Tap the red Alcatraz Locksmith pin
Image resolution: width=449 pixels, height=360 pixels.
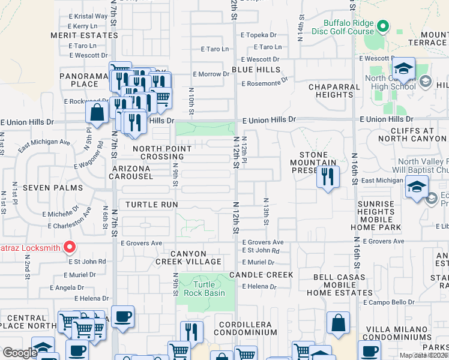(x=70, y=247)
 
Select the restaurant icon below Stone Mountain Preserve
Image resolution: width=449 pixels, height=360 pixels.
(x=327, y=176)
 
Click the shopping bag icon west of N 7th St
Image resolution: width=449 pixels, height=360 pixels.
(x=97, y=112)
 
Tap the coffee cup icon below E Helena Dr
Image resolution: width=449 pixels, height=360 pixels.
(x=123, y=316)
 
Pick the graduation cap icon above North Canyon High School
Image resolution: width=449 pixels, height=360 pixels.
(x=404, y=68)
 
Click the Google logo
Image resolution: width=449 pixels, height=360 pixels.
(x=19, y=353)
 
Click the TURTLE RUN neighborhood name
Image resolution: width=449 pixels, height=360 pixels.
(x=152, y=205)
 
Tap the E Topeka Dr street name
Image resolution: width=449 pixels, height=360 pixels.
(x=259, y=35)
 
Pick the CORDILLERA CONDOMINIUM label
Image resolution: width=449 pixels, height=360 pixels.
(x=240, y=328)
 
